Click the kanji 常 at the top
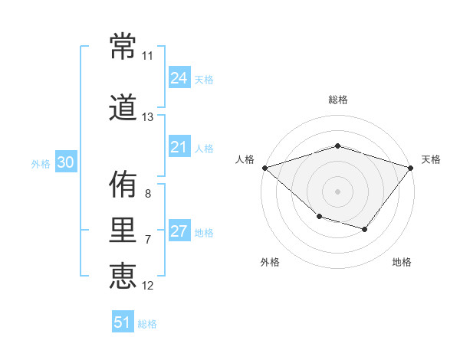[123, 46]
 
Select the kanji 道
[123, 107]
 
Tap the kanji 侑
[123, 184]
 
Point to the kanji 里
[123, 230]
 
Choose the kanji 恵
[123, 276]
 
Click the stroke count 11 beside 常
[147, 56]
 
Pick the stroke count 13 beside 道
[147, 117]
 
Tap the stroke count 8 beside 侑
[148, 194]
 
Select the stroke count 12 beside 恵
[147, 286]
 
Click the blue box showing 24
[179, 77]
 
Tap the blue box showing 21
[179, 146]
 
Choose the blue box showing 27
[179, 230]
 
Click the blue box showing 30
[66, 162]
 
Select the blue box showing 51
[123, 321]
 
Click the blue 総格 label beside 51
[147, 324]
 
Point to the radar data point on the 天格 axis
[410, 168]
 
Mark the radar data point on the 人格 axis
[265, 168]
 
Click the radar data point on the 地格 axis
[364, 229]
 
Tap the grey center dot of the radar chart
[337, 191]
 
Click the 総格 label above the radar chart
[338, 100]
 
